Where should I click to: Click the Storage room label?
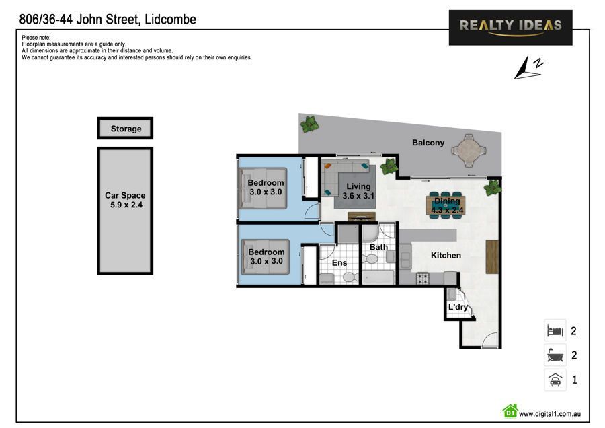pos(126,129)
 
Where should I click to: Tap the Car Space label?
pos(125,195)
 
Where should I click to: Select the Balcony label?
pos(428,143)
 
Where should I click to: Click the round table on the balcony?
pos(469,150)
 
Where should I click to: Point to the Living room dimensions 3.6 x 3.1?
pos(358,196)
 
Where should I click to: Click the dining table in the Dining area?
pos(446,205)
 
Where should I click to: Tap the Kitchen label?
pos(446,255)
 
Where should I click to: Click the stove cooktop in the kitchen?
pos(423,278)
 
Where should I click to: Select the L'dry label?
pos(458,307)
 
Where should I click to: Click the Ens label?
pos(339,263)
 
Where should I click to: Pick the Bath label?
pos(378,247)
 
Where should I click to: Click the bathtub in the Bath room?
pos(378,277)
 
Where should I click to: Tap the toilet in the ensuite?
pos(350,277)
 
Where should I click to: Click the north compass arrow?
pos(525,69)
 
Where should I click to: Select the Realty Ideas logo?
pos(510,28)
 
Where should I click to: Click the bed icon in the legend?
pos(555,330)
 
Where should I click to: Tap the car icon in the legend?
pos(555,380)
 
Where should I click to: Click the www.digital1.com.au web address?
pos(549,413)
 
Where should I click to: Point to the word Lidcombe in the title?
pos(170,20)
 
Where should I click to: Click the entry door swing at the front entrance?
pos(489,340)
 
